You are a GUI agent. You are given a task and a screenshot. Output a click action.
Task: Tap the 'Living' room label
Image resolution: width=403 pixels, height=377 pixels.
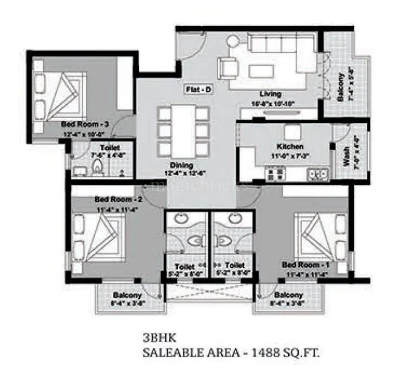[270, 94]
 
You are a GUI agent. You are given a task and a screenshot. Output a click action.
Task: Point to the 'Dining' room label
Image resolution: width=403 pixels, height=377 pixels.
[181, 165]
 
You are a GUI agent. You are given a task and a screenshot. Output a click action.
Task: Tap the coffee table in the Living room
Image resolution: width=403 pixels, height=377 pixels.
[259, 70]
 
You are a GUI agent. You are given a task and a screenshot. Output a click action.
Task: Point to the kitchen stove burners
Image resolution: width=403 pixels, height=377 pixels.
[275, 174]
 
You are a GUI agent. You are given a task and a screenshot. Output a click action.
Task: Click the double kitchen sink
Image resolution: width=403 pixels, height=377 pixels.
[317, 174]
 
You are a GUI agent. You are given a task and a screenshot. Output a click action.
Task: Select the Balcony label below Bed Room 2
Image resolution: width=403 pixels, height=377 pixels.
[127, 295]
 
